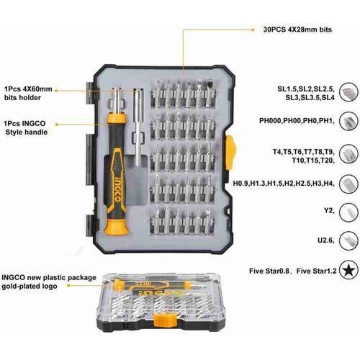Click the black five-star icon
(348, 271)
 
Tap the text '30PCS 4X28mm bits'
(297, 30)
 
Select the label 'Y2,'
(329, 210)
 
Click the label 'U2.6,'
(326, 240)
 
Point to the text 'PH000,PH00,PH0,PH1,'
(297, 120)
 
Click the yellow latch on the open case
(230, 152)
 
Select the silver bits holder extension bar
(138, 127)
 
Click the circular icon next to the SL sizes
(348, 92)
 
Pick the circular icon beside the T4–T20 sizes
(348, 153)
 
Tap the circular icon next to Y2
(348, 212)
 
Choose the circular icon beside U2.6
(348, 240)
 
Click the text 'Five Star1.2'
(316, 271)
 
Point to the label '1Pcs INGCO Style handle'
(26, 127)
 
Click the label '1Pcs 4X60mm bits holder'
(28, 94)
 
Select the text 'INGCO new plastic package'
(49, 278)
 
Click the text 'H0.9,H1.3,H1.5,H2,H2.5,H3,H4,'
(284, 184)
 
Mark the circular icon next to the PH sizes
(348, 121)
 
